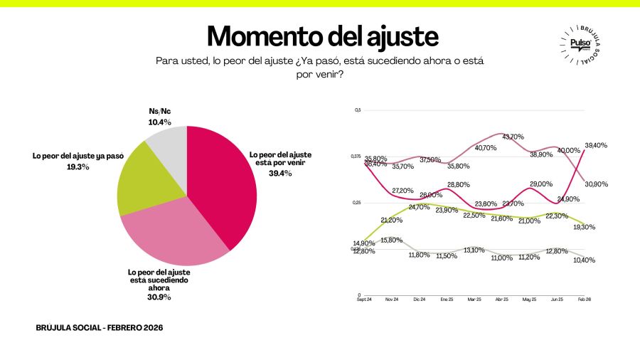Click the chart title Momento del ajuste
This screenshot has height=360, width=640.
pos(322,36)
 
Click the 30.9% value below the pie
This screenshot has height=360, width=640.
pos(159,297)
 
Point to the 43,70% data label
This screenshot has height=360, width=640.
pos(513,137)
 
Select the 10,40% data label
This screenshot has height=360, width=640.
pos(583,260)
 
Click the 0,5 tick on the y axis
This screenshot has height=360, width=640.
pos(358,110)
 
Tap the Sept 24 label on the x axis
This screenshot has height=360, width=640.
pos(365,300)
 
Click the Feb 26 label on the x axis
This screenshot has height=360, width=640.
pos(584,300)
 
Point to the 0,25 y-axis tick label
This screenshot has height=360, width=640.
pos(357,203)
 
